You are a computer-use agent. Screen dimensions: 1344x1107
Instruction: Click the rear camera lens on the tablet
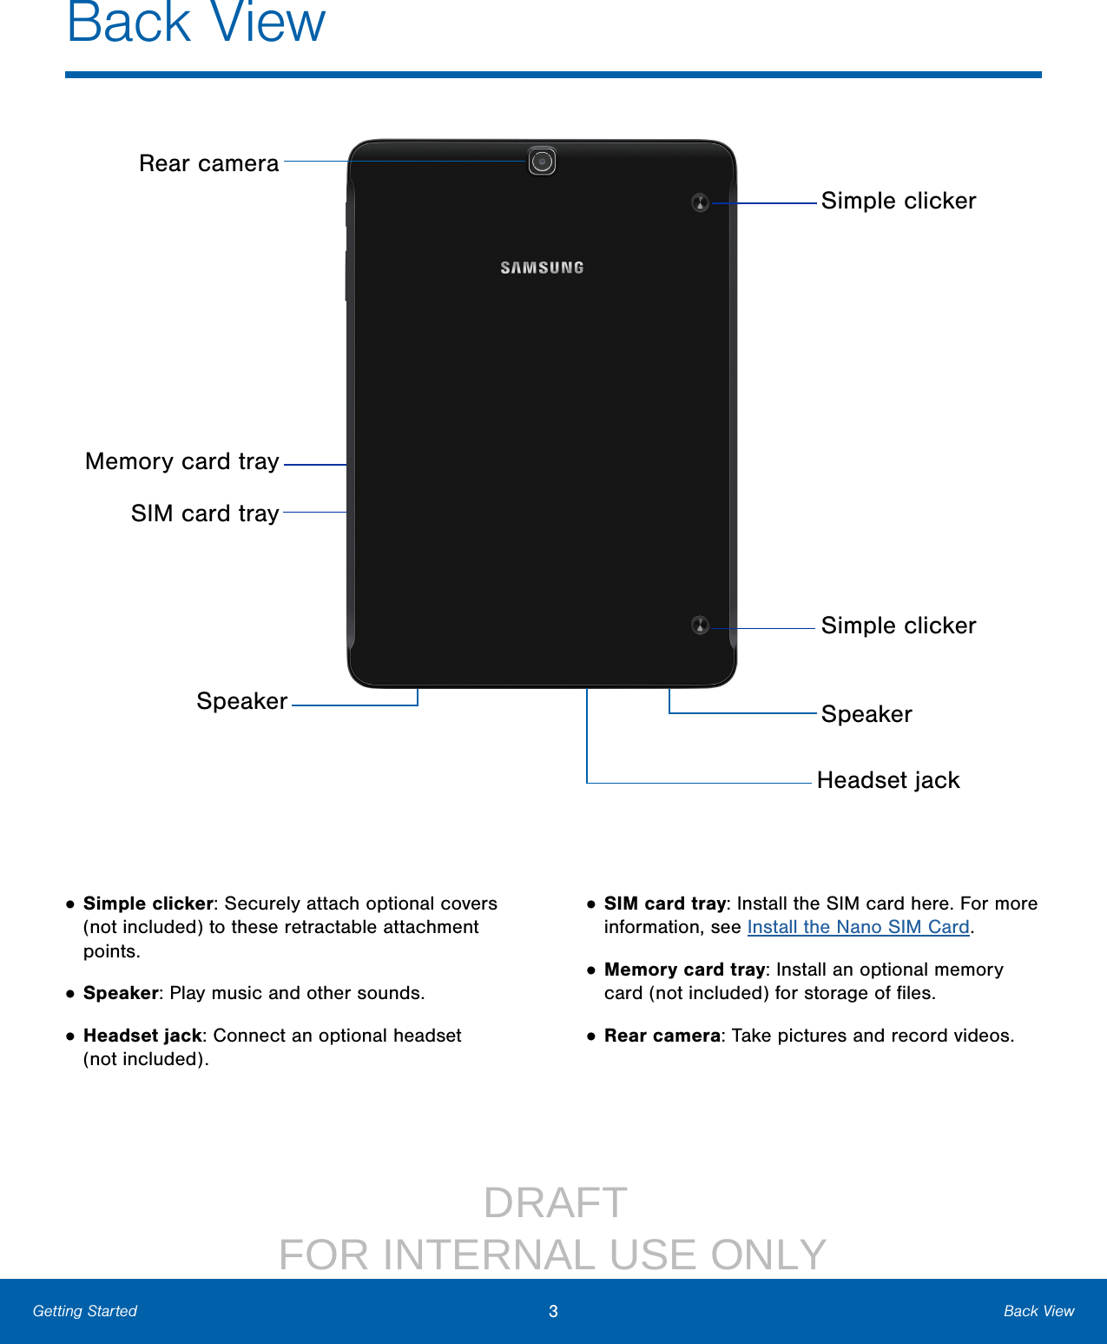[x=542, y=162]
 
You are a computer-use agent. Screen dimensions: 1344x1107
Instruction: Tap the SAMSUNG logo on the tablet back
[x=542, y=268]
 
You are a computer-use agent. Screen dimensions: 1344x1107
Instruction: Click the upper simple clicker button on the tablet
[x=701, y=203]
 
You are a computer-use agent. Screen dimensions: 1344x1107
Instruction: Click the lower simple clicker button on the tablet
[x=701, y=626]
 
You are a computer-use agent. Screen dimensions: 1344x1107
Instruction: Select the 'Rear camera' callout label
[x=209, y=163]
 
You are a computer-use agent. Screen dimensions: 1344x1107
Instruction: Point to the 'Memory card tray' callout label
[x=182, y=461]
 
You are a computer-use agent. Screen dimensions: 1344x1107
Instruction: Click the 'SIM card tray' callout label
[x=205, y=513]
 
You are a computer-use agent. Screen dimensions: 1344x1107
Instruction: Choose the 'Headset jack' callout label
[x=888, y=780]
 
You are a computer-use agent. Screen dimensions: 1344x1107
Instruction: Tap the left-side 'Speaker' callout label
[x=241, y=701]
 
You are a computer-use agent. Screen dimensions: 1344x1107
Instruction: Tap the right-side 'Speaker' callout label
[x=866, y=714]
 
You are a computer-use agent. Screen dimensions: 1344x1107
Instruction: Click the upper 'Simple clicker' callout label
[x=899, y=201]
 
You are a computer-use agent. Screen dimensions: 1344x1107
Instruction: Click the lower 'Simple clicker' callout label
[x=899, y=626]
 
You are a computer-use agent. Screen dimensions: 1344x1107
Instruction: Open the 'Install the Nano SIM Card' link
[x=858, y=927]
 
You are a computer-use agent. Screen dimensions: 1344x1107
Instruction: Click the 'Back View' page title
[x=196, y=23]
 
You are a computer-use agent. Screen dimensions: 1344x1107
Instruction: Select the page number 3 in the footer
[x=553, y=1312]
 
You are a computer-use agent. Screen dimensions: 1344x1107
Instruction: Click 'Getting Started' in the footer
[x=85, y=1311]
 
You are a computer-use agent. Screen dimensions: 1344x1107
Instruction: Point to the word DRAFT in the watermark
[x=555, y=1203]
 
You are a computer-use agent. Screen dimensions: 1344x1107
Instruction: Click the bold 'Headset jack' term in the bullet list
[x=142, y=1036]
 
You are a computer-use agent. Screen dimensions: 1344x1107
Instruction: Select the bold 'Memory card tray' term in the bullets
[x=684, y=970]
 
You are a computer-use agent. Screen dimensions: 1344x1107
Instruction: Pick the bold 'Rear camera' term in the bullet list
[x=662, y=1036]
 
